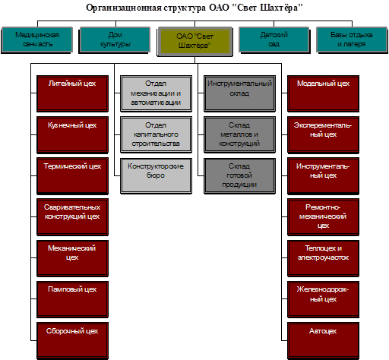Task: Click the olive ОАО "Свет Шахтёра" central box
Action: [194, 42]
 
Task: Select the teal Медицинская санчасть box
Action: [37, 40]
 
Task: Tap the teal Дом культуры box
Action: [115, 40]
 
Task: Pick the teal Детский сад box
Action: [274, 40]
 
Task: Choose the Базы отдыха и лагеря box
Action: [352, 40]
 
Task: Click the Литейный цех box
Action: [72, 93]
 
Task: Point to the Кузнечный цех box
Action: [72, 135]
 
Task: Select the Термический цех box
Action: [72, 176]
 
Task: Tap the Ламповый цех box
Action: [72, 299]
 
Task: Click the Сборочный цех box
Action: [72, 341]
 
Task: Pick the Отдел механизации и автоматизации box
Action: [156, 93]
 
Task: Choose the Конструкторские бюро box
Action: [156, 176]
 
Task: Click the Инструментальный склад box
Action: [239, 93]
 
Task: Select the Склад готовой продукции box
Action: [239, 176]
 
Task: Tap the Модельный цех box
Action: [323, 93]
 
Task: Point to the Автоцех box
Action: [323, 341]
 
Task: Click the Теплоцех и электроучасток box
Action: [323, 258]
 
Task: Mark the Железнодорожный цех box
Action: [323, 299]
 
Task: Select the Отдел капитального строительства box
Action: [156, 135]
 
